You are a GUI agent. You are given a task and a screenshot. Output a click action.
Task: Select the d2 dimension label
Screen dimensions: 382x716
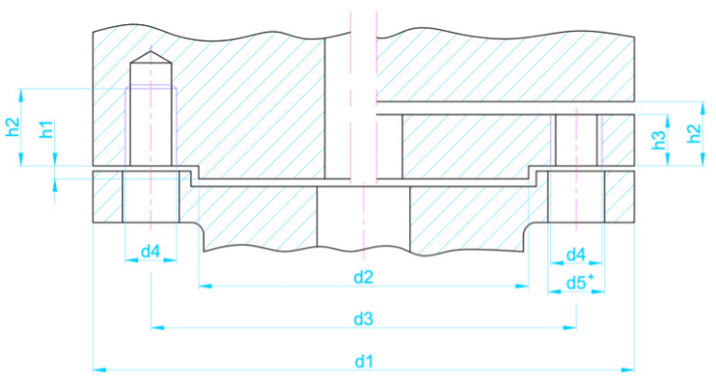coord(364,277)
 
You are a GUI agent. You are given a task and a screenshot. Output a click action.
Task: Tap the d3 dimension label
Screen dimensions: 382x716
coord(364,320)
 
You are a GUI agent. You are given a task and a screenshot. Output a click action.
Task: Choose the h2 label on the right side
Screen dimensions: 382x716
coord(694,133)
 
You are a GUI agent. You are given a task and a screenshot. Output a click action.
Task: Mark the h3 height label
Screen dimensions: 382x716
coord(659,141)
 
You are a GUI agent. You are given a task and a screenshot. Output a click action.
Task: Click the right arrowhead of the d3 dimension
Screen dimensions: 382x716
coord(570,328)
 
